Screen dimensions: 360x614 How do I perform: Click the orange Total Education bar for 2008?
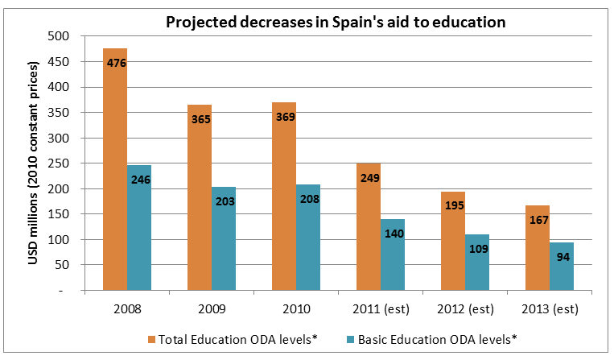point(115,169)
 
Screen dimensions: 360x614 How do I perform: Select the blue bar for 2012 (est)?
point(477,263)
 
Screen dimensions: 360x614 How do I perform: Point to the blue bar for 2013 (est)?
point(562,267)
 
